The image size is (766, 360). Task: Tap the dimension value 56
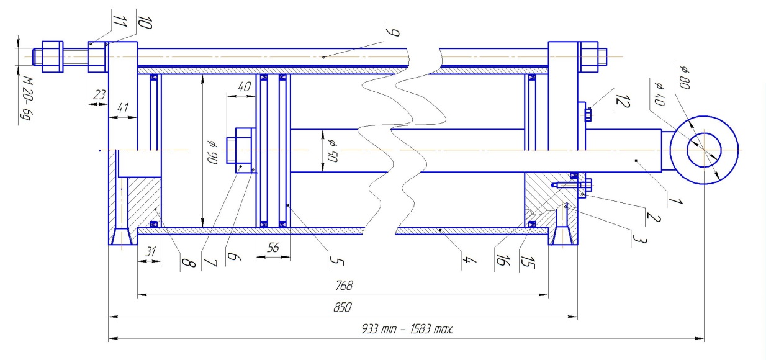click(x=273, y=247)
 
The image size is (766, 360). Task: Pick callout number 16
click(x=500, y=254)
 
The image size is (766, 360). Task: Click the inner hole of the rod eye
click(x=704, y=150)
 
